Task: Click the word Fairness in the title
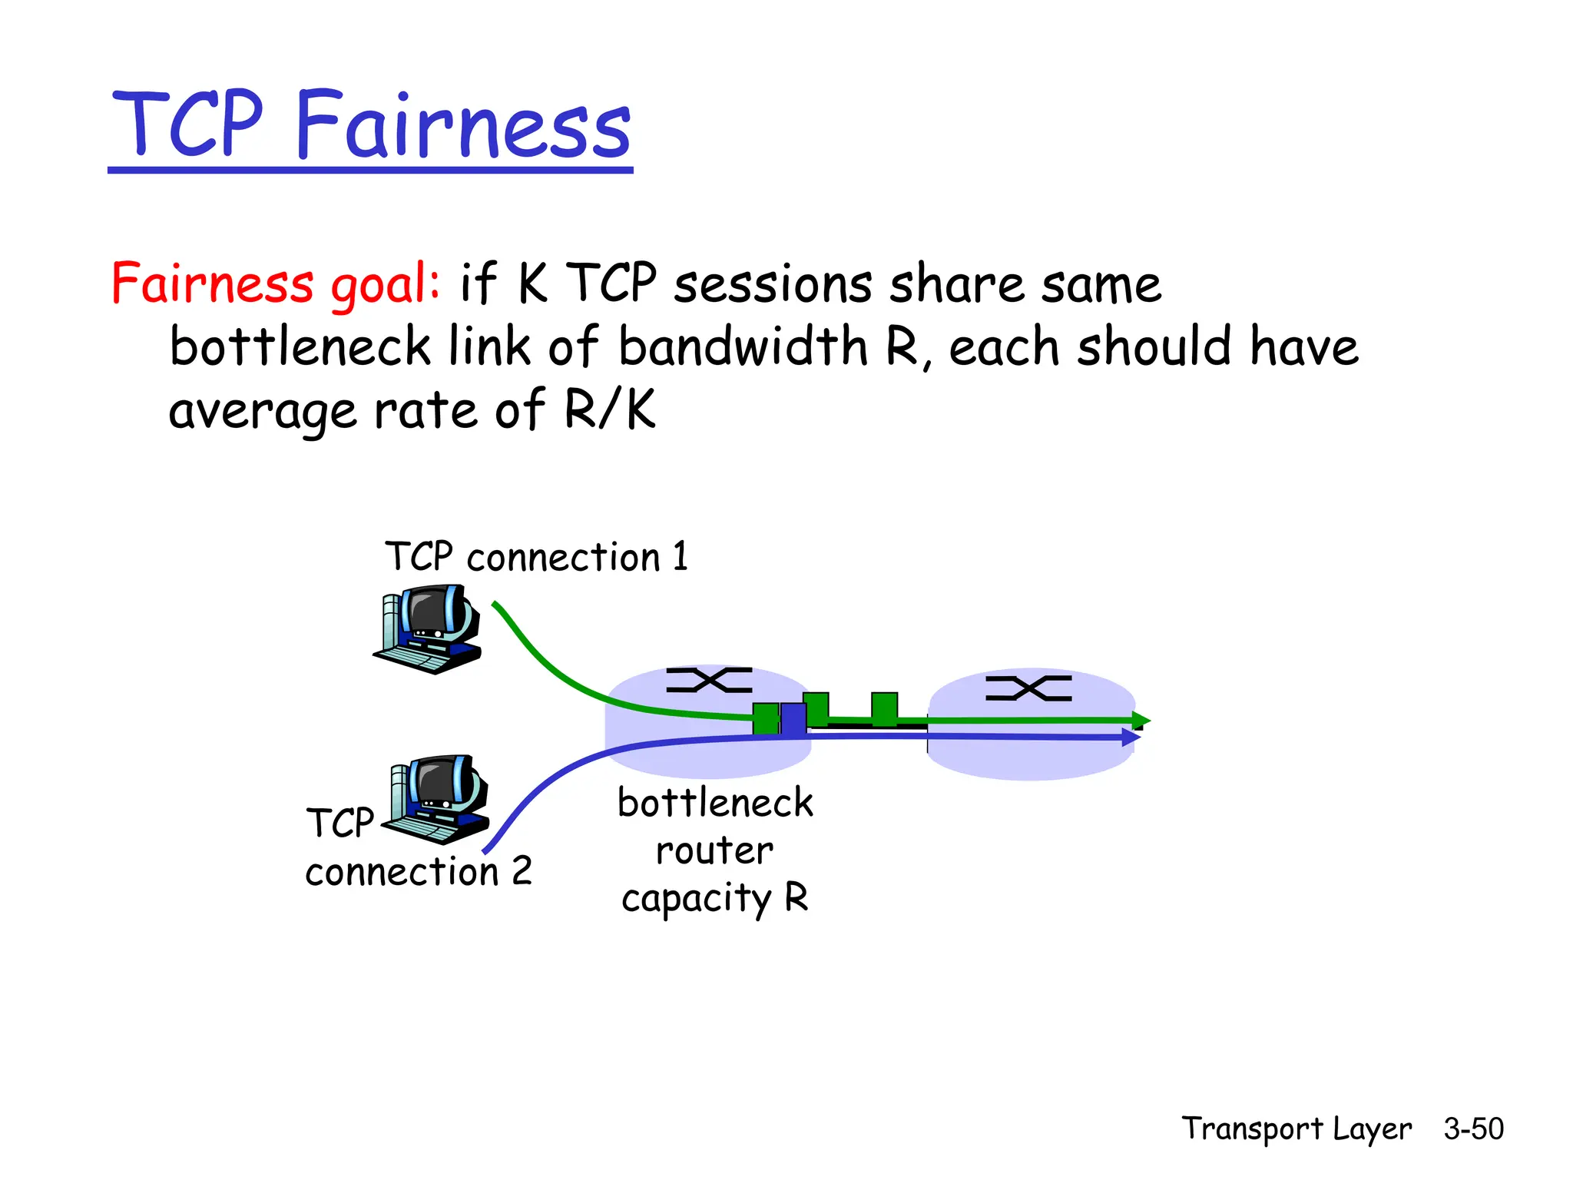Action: [463, 125]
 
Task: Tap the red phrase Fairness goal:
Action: [275, 283]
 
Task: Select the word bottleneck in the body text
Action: [300, 346]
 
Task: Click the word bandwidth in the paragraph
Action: [743, 346]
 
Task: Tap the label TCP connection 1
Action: [536, 556]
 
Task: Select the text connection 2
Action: [419, 871]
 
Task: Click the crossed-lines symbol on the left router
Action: [709, 680]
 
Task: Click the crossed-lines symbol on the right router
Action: [1028, 688]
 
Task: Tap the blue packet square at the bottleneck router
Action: [793, 719]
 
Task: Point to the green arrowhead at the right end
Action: [1141, 721]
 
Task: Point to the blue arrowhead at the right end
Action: [1131, 737]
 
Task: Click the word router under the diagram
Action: [714, 850]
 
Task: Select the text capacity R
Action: [714, 897]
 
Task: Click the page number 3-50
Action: [1473, 1129]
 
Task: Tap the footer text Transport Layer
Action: [1296, 1129]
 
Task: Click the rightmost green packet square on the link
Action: [884, 708]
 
